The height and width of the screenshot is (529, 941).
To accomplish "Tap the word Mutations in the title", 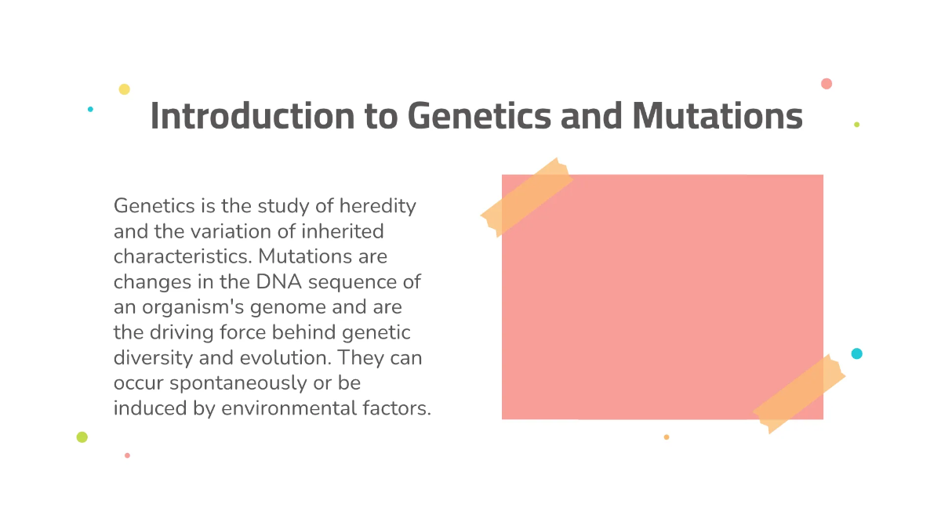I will pyautogui.click(x=717, y=116).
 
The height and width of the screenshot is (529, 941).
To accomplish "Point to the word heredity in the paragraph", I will pyautogui.click(x=377, y=206).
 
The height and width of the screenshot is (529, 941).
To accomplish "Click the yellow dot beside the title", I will pyautogui.click(x=124, y=89).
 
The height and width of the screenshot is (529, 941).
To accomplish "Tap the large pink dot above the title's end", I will pyautogui.click(x=827, y=84).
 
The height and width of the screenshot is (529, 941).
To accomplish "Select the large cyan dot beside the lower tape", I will pyautogui.click(x=856, y=353).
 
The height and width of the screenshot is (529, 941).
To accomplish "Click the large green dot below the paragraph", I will pyautogui.click(x=82, y=437).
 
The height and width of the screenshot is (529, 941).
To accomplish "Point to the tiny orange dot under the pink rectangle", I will pyautogui.click(x=667, y=437).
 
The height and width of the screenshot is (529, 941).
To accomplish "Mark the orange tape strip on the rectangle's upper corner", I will pyautogui.click(x=526, y=196).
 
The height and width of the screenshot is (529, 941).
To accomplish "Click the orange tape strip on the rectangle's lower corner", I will pyautogui.click(x=798, y=393).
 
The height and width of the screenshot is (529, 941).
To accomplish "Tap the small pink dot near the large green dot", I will pyautogui.click(x=127, y=455).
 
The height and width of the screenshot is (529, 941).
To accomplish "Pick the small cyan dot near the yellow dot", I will pyautogui.click(x=90, y=109).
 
